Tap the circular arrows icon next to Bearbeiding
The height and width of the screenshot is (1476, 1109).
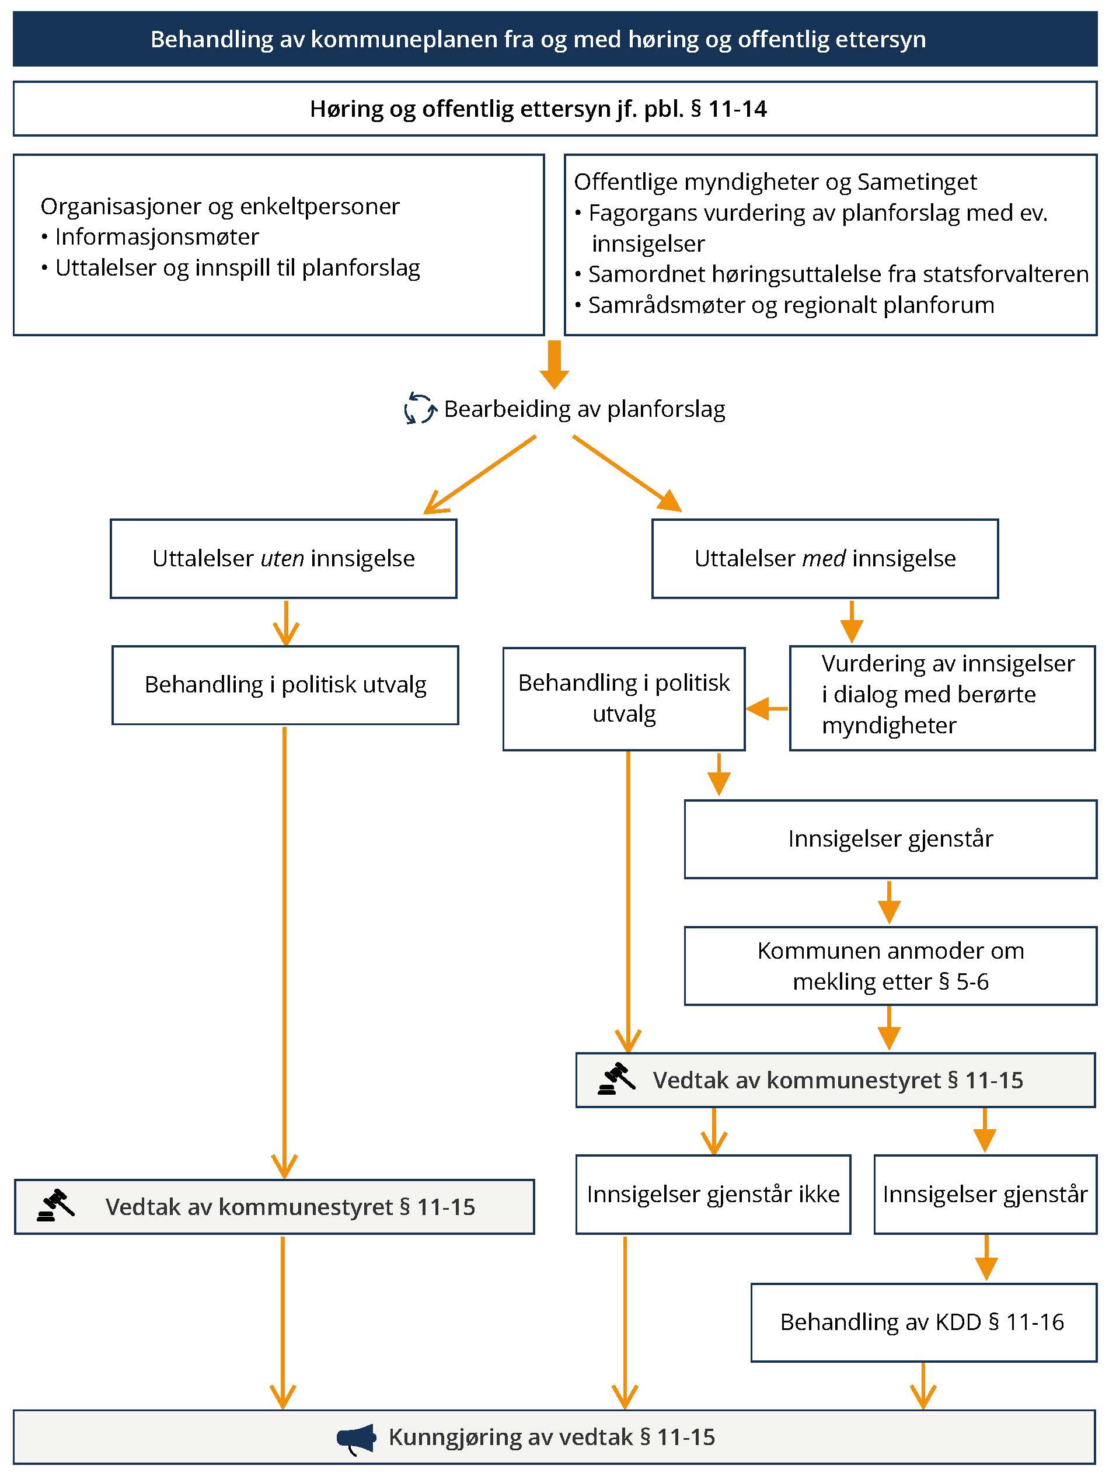click(x=420, y=408)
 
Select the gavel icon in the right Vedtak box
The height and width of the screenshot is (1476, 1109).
click(x=616, y=1079)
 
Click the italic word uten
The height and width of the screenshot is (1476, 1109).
click(x=283, y=558)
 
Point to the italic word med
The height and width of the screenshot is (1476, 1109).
click(x=824, y=558)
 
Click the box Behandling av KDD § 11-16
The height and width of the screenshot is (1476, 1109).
click(x=923, y=1322)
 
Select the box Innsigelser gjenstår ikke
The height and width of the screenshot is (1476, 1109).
click(x=713, y=1194)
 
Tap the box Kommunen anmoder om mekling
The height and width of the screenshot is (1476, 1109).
click(x=890, y=966)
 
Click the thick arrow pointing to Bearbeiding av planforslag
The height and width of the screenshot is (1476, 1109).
click(x=554, y=364)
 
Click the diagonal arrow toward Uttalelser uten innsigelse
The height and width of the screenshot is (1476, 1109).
click(x=479, y=475)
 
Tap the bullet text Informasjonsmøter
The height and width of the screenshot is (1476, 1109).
click(x=156, y=236)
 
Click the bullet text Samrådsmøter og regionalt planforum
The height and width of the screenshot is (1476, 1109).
click(x=791, y=305)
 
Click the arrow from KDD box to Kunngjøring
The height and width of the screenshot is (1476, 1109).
click(x=923, y=1386)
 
